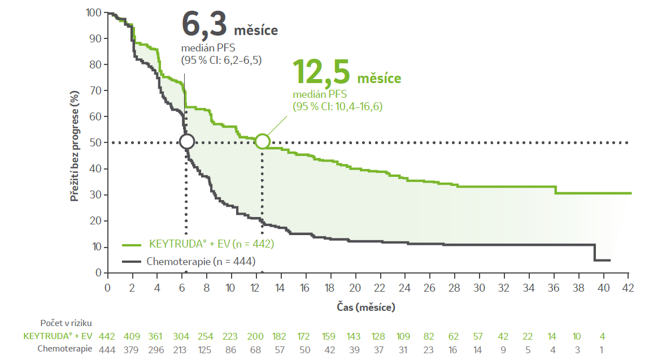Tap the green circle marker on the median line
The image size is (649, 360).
(262, 141)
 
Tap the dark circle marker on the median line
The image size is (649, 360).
(187, 141)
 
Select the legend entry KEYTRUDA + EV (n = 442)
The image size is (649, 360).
(211, 245)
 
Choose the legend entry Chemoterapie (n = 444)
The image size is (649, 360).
(201, 262)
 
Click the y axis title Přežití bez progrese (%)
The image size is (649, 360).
(74, 142)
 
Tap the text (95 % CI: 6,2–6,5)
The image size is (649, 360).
(221, 59)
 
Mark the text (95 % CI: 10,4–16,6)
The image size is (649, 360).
(337, 106)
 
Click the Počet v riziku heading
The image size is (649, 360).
(66, 323)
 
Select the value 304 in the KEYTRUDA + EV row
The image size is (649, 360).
(182, 336)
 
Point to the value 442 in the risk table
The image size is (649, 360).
(107, 336)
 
